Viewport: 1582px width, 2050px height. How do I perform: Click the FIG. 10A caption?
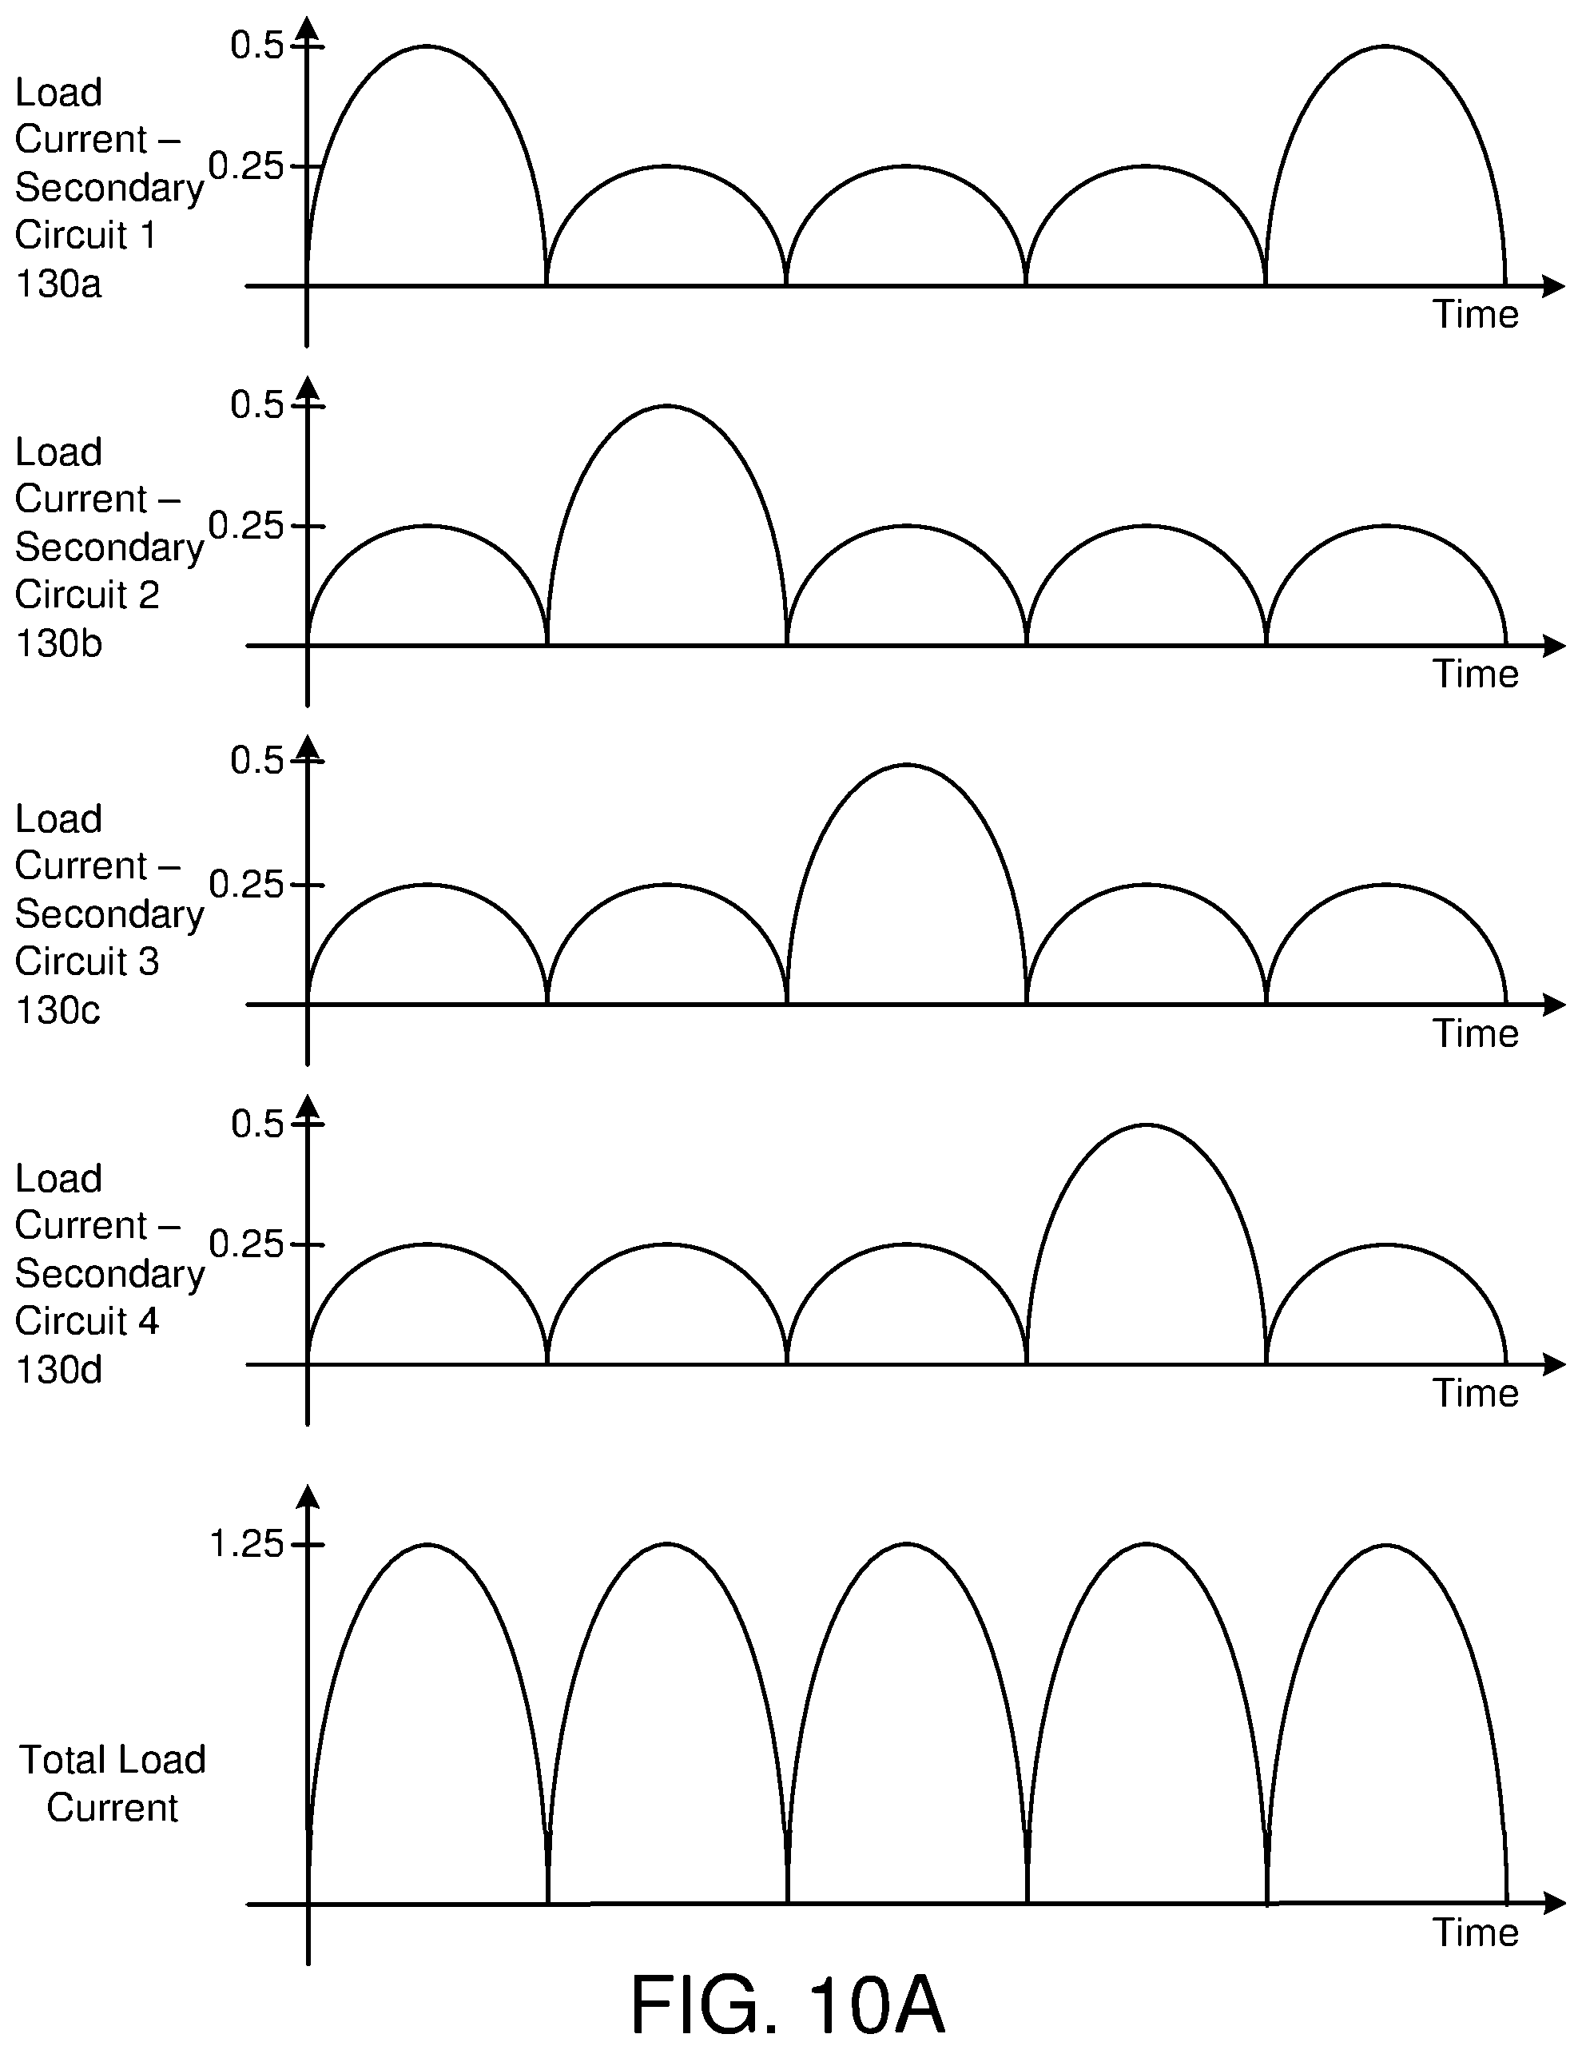[787, 2003]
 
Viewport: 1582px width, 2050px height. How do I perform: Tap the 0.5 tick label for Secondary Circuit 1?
[256, 45]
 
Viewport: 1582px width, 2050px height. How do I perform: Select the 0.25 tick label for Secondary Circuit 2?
[246, 526]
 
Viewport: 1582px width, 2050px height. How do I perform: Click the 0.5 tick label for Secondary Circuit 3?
[256, 759]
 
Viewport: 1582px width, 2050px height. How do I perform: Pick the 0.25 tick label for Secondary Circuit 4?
[246, 1244]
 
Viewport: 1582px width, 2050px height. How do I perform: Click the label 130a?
[58, 283]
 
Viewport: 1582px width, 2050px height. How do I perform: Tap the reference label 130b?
[58, 643]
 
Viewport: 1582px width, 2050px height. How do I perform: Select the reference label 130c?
[58, 1010]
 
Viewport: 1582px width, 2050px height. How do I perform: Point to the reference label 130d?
[58, 1370]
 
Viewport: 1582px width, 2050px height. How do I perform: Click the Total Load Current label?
[113, 1783]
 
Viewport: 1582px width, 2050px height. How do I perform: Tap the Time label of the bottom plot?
[1475, 1932]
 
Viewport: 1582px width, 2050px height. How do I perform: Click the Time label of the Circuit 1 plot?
[1475, 314]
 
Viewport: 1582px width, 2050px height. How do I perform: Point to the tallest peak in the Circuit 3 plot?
[906, 765]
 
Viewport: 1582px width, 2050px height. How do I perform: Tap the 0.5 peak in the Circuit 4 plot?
[1146, 1125]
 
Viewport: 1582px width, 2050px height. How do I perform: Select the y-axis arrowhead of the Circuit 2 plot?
[308, 388]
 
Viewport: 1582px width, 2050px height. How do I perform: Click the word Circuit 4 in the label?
[87, 1322]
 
